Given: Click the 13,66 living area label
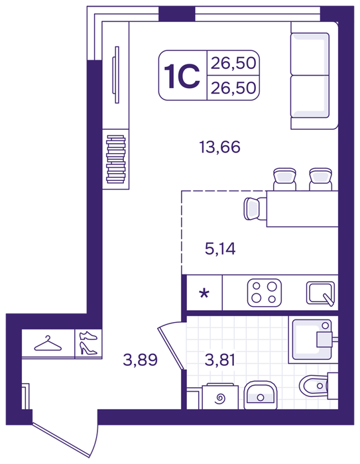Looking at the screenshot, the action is click(x=219, y=147).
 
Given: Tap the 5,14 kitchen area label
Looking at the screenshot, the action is click(x=220, y=249).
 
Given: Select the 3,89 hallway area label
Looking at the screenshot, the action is click(x=140, y=360).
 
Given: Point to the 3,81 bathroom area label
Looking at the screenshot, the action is click(x=220, y=360).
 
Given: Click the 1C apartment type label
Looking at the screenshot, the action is click(x=182, y=76).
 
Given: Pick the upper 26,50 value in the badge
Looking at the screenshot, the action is click(x=233, y=63).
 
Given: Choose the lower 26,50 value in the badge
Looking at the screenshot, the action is click(x=233, y=88).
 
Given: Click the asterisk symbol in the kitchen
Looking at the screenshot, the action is click(x=204, y=294).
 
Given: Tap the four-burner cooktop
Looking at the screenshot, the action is click(x=265, y=293).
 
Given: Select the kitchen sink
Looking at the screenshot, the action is click(x=321, y=293).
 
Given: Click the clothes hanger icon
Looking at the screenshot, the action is click(x=48, y=343).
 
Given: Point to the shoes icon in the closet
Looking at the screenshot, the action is click(x=88, y=343).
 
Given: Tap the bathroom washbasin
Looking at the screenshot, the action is click(x=261, y=395).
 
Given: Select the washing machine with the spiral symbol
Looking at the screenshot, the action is click(x=220, y=396).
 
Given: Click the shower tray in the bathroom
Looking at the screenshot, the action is click(x=313, y=339).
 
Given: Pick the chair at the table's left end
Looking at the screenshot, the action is click(x=255, y=209).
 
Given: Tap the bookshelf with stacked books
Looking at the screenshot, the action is click(x=116, y=159).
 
